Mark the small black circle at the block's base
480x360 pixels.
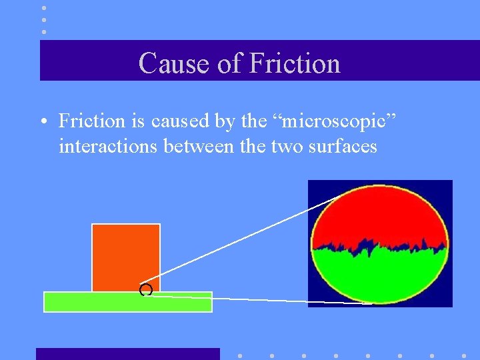(x=146, y=289)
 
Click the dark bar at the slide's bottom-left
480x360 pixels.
(x=127, y=353)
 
